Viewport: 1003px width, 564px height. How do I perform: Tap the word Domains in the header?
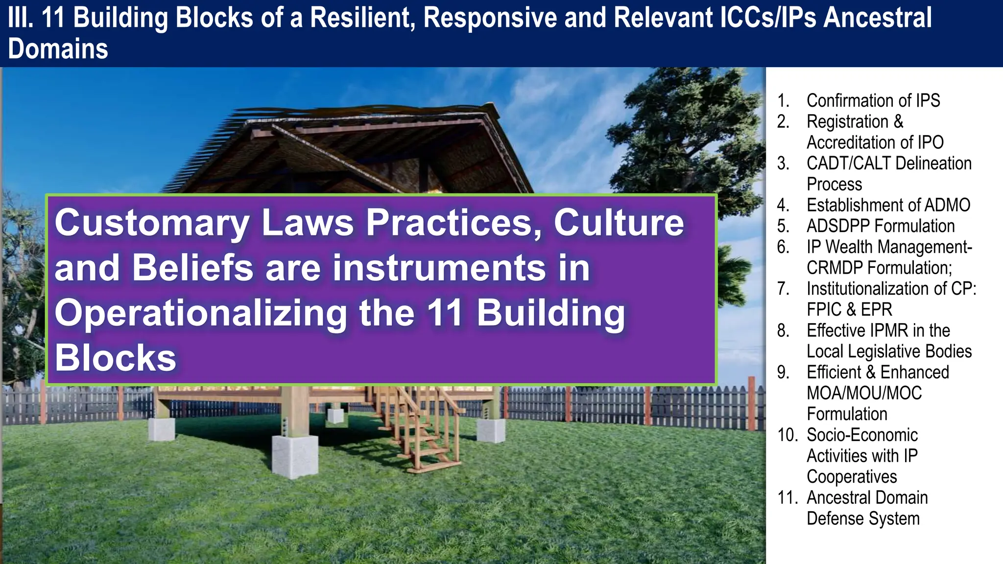click(x=58, y=49)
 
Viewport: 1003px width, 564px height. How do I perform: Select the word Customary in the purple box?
click(x=152, y=223)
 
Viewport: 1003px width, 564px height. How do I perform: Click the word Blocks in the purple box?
click(x=115, y=358)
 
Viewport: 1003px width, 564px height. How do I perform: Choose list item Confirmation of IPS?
click(x=873, y=100)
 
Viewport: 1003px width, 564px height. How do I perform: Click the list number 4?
click(x=783, y=205)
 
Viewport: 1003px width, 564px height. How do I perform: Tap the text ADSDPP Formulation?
click(x=880, y=226)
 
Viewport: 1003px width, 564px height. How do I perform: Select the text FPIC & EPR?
click(x=849, y=309)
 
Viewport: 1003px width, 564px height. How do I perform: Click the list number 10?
click(x=788, y=435)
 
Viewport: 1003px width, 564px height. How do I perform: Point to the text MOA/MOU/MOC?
click(x=864, y=393)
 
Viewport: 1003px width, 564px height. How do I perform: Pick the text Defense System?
click(x=863, y=518)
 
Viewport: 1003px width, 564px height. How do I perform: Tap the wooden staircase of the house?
click(x=421, y=426)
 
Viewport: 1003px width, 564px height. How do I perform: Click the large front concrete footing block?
click(x=294, y=455)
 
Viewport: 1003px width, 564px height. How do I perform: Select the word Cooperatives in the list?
click(x=852, y=477)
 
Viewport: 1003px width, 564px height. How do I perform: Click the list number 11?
click(x=788, y=497)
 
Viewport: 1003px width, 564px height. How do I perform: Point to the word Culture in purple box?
click(x=619, y=223)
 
